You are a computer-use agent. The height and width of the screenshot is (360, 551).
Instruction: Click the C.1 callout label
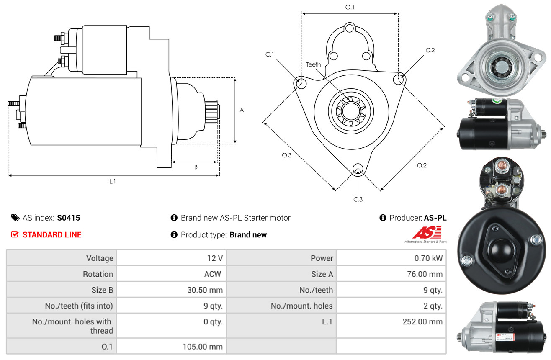[269, 54]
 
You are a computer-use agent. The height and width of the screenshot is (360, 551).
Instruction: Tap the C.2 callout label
[430, 50]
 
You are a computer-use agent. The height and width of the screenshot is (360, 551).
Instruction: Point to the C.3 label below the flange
[358, 199]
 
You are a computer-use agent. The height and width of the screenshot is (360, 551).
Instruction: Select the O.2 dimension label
[422, 165]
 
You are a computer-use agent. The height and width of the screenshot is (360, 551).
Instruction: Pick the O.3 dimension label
[286, 155]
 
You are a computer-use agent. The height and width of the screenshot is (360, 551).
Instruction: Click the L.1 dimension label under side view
[113, 181]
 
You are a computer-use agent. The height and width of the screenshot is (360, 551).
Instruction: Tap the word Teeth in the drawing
[313, 64]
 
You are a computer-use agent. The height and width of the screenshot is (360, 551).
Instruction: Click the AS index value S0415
[68, 218]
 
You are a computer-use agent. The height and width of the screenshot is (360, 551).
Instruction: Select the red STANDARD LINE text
[52, 235]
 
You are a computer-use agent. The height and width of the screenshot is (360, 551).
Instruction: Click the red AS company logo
[427, 233]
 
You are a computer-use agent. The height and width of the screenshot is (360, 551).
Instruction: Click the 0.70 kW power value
[428, 258]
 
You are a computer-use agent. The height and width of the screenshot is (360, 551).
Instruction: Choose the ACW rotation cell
[212, 274]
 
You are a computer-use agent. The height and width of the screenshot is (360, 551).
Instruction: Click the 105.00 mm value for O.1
[203, 347]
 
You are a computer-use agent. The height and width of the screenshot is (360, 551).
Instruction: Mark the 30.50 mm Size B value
[205, 290]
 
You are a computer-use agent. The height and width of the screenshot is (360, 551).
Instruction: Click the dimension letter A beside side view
[241, 110]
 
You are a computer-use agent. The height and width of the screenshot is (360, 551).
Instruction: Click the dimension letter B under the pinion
[196, 167]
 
